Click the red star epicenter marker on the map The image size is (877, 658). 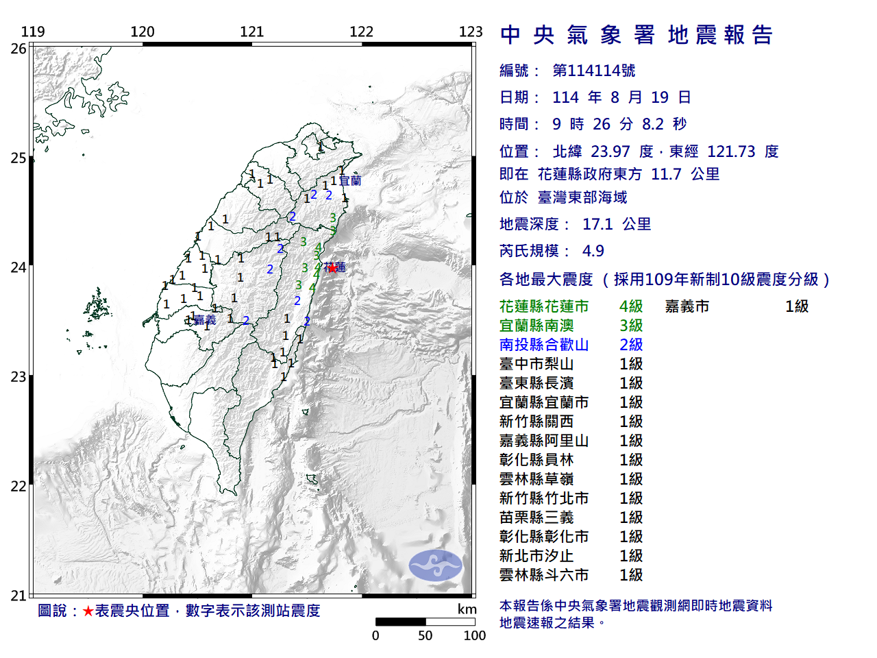pyautogui.click(x=333, y=268)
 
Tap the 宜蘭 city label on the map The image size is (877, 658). pyautogui.click(x=350, y=181)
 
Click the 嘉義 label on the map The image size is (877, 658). pyautogui.click(x=205, y=320)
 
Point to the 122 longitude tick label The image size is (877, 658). pyautogui.click(x=361, y=32)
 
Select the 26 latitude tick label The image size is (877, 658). pyautogui.click(x=18, y=49)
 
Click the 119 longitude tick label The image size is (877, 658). pyautogui.click(x=33, y=32)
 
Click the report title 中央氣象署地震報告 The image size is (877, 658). pyautogui.click(x=637, y=35)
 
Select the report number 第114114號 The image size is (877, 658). pyautogui.click(x=594, y=71)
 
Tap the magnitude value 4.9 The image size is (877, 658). pyautogui.click(x=593, y=251)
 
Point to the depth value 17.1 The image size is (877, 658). pyautogui.click(x=597, y=224)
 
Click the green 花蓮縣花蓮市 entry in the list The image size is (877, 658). pyautogui.click(x=544, y=306)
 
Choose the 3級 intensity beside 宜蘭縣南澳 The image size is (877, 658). pyautogui.click(x=631, y=326)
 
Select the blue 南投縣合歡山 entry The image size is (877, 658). pyautogui.click(x=544, y=345)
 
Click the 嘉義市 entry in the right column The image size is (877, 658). pyautogui.click(x=687, y=306)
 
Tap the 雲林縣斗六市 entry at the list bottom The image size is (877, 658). pyautogui.click(x=544, y=575)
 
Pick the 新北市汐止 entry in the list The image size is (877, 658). pyautogui.click(x=536, y=556)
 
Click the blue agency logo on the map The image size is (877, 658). pyautogui.click(x=436, y=565)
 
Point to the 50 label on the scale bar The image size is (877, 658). pyautogui.click(x=425, y=635)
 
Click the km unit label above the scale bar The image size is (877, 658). pyautogui.click(x=467, y=609)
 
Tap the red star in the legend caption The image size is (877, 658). pyautogui.click(x=88, y=611)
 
